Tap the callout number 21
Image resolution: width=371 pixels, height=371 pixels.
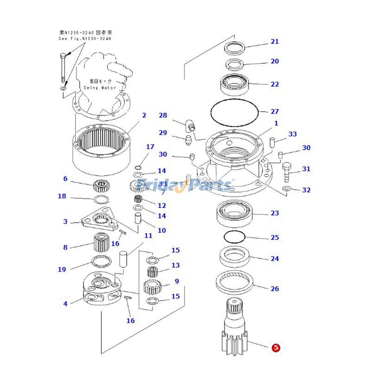point(275,42)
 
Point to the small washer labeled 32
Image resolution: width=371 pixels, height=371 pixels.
point(286,188)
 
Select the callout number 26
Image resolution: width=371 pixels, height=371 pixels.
point(275,288)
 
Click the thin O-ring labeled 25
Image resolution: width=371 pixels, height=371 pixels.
point(234,237)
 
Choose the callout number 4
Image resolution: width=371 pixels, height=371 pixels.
point(65,304)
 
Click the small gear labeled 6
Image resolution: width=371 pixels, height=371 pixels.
point(101,186)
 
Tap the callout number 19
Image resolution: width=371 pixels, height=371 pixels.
point(62,269)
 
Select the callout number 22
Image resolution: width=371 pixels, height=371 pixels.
point(275,84)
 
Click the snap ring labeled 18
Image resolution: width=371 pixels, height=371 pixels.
point(100,199)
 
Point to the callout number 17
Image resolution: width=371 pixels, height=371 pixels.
point(150,147)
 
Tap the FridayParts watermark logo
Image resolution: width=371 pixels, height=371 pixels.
point(185,185)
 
